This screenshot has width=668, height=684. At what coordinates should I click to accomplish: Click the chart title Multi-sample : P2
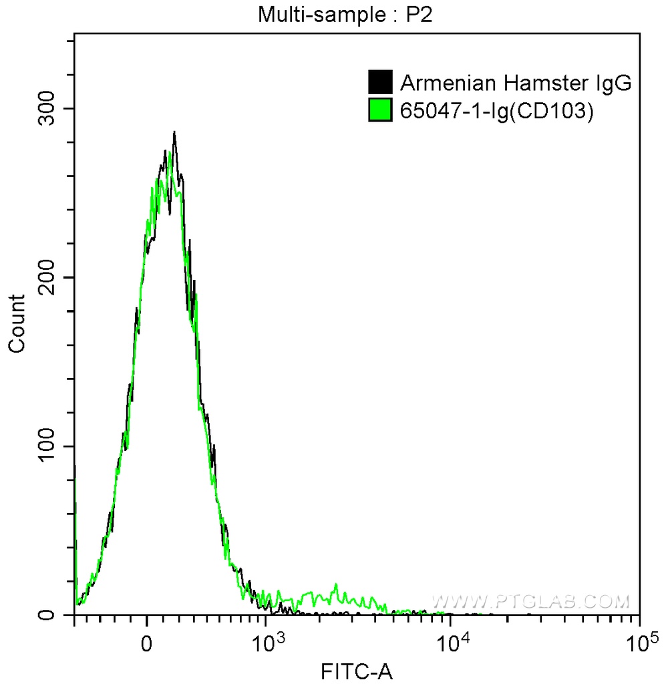click(x=347, y=14)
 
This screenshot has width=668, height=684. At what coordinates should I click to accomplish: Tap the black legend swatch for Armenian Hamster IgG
click(x=380, y=83)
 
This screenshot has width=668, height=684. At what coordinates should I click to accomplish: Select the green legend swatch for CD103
click(x=380, y=111)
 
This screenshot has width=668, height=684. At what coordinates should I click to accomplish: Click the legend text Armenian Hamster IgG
click(x=516, y=83)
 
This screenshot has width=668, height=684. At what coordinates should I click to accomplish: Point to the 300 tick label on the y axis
click(x=49, y=109)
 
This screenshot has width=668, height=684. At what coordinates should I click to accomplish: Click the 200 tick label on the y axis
click(x=49, y=278)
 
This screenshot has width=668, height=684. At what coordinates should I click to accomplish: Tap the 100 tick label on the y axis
click(x=49, y=446)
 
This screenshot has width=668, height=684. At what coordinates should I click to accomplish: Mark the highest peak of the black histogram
click(x=174, y=132)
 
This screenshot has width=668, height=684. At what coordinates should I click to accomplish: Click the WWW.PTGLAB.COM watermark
click(x=531, y=601)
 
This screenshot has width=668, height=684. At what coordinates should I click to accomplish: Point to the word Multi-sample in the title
click(x=309, y=14)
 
